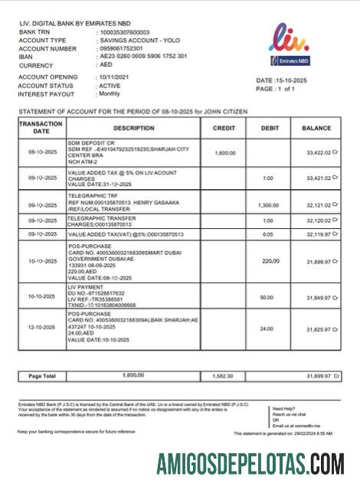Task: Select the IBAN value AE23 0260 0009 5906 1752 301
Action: tap(142, 57)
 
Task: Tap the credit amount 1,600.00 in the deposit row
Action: tap(225, 153)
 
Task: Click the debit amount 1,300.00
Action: tap(268, 205)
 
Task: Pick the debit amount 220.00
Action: tap(270, 261)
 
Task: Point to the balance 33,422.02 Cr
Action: tap(318, 153)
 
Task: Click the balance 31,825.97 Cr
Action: tap(318, 329)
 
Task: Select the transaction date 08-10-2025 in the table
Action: tap(42, 153)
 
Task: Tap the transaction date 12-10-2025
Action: tap(42, 328)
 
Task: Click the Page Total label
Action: tap(42, 376)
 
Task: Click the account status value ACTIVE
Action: tap(110, 86)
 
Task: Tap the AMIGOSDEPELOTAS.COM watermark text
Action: tap(250, 464)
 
